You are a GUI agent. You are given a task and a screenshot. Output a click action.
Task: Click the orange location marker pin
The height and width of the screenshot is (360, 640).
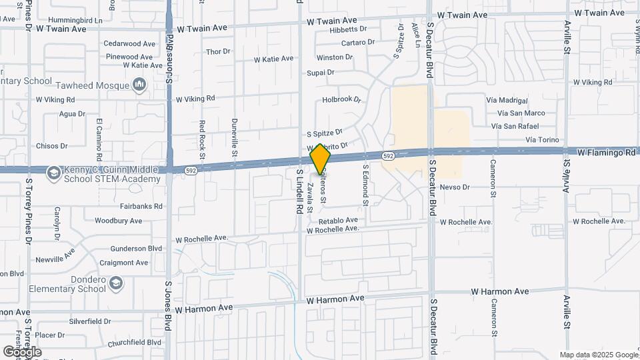coord(321,159)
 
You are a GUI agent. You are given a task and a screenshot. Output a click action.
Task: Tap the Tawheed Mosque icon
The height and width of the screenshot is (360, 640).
coord(139,85)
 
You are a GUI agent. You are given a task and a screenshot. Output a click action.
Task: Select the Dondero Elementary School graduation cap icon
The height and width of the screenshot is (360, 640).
coord(117,284)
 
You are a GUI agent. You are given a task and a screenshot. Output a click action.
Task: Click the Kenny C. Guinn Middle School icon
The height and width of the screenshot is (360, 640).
coord(53,173)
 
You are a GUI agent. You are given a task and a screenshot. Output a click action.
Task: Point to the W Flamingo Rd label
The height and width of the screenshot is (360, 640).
coord(606,153)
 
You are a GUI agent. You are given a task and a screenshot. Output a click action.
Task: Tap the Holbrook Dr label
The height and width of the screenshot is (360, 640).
coord(341,100)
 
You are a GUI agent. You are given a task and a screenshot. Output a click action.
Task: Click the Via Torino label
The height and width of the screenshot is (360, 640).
coord(545,139)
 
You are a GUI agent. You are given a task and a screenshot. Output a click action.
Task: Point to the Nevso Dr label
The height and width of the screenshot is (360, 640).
coord(455,187)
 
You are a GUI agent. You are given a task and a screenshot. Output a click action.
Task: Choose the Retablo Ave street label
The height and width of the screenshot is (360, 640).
coord(338,220)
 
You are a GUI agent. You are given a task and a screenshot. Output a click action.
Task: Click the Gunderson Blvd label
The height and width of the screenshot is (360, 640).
coord(137,248)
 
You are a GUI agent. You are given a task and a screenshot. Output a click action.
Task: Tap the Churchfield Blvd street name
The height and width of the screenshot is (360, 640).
coord(135,343)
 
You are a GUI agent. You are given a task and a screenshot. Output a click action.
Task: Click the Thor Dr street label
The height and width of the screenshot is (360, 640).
coord(218,51)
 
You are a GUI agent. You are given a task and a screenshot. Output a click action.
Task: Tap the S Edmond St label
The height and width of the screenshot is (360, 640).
coord(365,184)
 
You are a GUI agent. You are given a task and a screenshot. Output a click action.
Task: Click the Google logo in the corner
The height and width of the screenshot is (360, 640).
coord(21,351)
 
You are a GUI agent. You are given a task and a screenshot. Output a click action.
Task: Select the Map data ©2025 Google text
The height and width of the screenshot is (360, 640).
coord(598,355)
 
